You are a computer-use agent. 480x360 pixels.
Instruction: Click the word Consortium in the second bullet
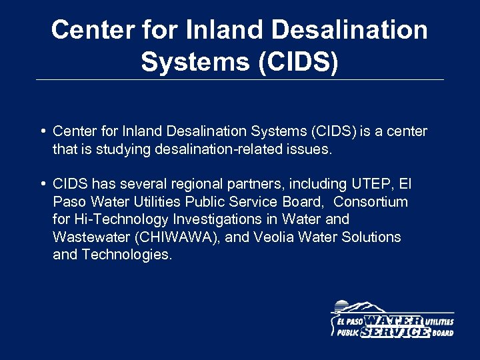(x=371, y=201)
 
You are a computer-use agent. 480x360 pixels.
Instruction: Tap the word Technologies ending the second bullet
(x=127, y=255)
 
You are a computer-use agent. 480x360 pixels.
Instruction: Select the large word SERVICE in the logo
(x=395, y=332)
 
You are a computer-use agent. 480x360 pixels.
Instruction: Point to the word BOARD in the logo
(x=442, y=333)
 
